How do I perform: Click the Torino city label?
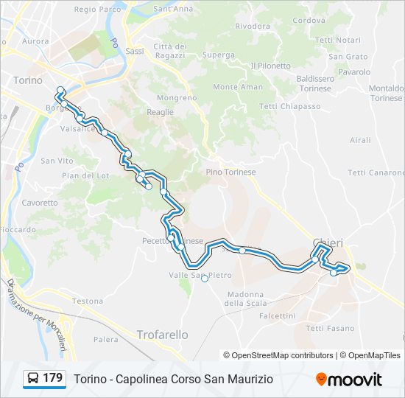pyautogui.click(x=28, y=80)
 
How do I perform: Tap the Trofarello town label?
pyautogui.click(x=162, y=335)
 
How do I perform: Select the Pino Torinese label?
pyautogui.click(x=230, y=172)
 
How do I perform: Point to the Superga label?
pyautogui.click(x=219, y=55)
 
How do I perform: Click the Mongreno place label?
pyautogui.click(x=177, y=97)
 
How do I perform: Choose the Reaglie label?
pyautogui.click(x=161, y=112)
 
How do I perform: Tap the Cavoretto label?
pyautogui.click(x=40, y=203)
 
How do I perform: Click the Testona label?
pyautogui.click(x=88, y=301)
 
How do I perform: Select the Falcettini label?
pyautogui.click(x=278, y=315)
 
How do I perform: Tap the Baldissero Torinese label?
pyautogui.click(x=315, y=83)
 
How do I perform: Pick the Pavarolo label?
pyautogui.click(x=355, y=72)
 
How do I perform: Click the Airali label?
pyautogui.click(x=361, y=140)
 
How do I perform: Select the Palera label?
pyautogui.click(x=105, y=340)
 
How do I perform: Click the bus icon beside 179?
pyautogui.click(x=33, y=379)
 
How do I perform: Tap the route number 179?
pyautogui.click(x=53, y=378)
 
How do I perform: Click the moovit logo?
pyautogui.click(x=349, y=380)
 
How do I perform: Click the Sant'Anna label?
pyautogui.click(x=173, y=9)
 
